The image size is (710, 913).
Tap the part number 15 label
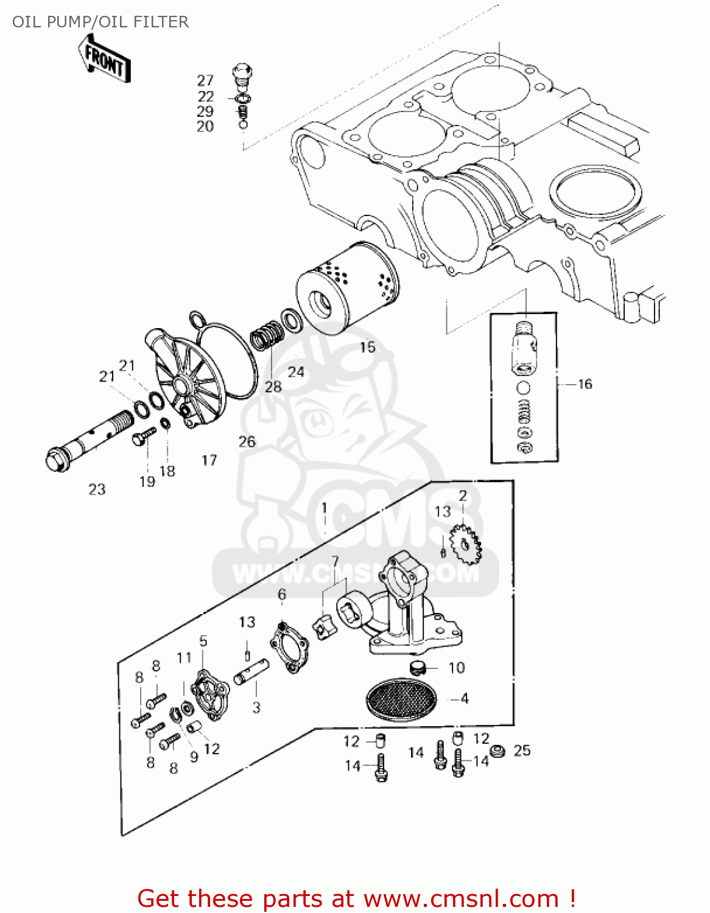point(367,347)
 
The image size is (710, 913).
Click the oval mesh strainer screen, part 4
point(401,700)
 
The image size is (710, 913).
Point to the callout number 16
point(585,383)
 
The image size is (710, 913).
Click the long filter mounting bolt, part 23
point(88,438)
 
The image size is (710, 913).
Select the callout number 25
point(522,750)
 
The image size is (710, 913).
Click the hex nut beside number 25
point(497,751)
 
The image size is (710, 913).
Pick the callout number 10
point(457,668)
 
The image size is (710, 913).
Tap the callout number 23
point(97,489)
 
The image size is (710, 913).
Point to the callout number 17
point(209,460)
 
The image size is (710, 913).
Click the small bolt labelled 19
point(144,435)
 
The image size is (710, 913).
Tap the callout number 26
point(247,441)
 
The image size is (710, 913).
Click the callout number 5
point(203,641)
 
